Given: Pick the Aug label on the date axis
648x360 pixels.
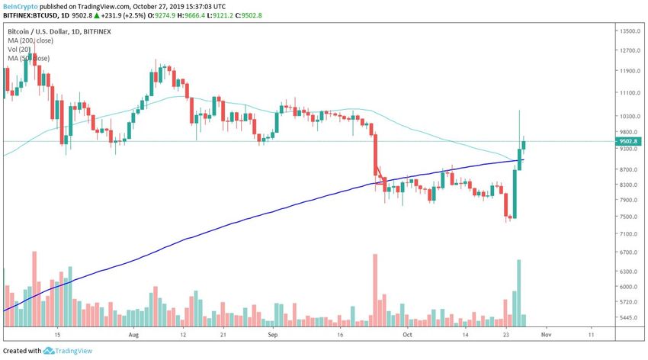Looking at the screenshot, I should point(134,334).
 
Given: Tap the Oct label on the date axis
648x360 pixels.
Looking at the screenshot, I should point(408,334).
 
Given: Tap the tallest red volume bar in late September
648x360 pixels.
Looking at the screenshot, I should point(375,290).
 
